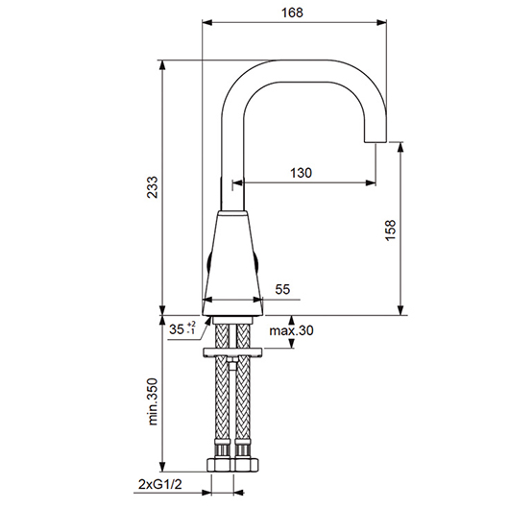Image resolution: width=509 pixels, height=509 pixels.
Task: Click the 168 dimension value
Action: click(292, 12)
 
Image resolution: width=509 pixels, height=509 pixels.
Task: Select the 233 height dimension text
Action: click(153, 187)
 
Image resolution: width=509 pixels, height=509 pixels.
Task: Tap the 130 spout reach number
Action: click(301, 173)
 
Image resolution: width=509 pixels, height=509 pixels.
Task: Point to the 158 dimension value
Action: click(391, 230)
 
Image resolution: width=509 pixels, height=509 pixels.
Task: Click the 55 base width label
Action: click(282, 289)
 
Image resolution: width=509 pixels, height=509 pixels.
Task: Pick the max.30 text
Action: click(291, 330)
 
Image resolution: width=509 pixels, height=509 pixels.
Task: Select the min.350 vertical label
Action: click(153, 401)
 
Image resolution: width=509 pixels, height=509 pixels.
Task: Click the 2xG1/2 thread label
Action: click(160, 484)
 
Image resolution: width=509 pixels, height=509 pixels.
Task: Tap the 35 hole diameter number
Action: click(177, 329)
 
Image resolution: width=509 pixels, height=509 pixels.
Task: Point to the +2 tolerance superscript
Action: click(191, 324)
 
